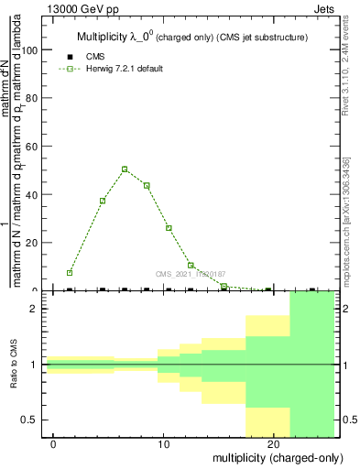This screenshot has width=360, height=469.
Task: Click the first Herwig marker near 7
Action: tap(70, 273)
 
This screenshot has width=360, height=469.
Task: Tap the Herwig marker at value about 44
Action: tap(147, 186)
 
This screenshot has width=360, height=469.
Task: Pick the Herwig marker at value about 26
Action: tap(169, 228)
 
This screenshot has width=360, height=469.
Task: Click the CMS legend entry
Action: tap(95, 57)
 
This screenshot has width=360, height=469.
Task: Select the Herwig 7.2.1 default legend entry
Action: tap(116, 69)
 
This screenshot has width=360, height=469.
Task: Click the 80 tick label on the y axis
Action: tap(36, 98)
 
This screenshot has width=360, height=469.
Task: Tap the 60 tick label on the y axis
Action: tap(36, 147)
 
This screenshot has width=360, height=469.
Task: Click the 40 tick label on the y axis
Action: tap(36, 194)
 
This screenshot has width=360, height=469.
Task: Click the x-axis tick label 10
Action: tap(164, 444)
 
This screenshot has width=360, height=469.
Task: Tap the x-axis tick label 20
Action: tap(274, 444)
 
